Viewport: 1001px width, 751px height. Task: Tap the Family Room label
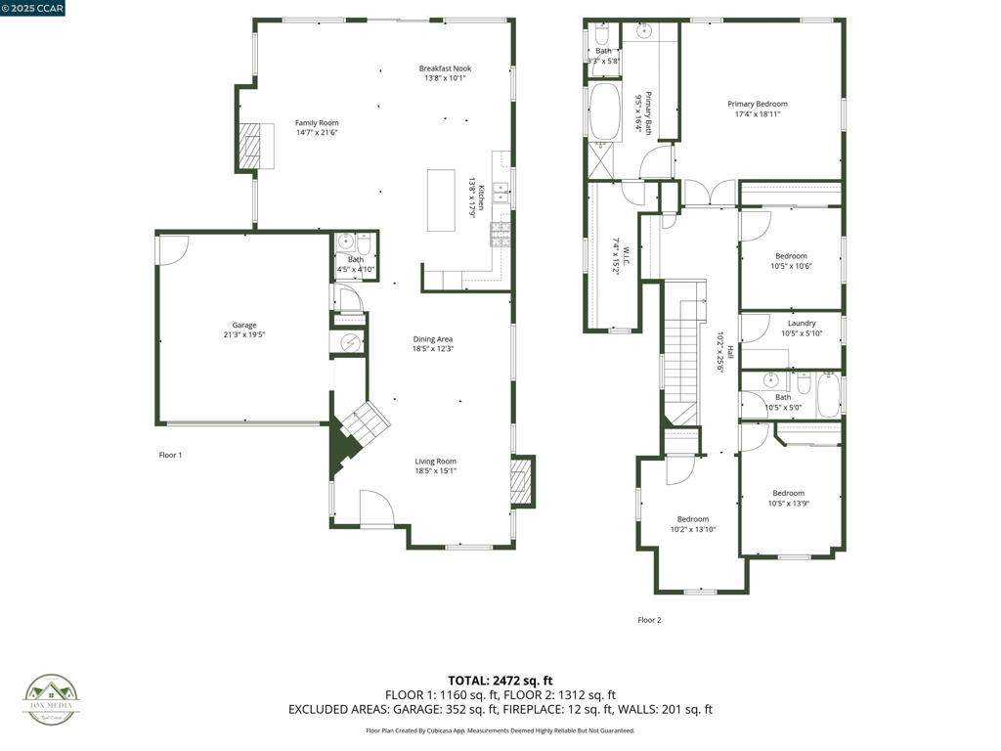(x=317, y=123)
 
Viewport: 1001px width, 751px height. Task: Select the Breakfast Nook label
(x=445, y=68)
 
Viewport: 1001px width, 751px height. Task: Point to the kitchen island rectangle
(x=441, y=200)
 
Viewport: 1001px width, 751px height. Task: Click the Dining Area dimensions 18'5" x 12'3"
(x=433, y=349)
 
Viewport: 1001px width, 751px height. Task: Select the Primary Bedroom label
(x=757, y=104)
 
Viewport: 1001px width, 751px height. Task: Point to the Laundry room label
(x=802, y=324)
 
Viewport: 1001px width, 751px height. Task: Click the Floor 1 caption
(x=171, y=455)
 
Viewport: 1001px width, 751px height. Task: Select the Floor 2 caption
(x=649, y=620)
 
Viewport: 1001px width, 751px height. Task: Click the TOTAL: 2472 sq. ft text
(x=500, y=681)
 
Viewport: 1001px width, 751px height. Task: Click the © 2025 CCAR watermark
(x=33, y=9)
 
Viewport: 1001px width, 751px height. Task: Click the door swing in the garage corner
(x=171, y=249)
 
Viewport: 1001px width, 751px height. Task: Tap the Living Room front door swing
(x=376, y=508)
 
